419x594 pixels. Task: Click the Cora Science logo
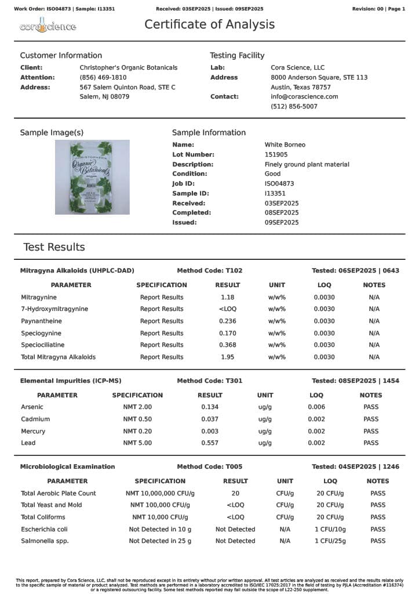pos(48,27)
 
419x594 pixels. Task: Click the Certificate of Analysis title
pos(209,24)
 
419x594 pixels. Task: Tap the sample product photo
pos(92,177)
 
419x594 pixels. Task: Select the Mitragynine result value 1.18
pos(227,297)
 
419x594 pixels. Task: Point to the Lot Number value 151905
pos(276,155)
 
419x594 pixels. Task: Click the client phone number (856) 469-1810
pos(103,77)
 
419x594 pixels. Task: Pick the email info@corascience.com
pos(304,96)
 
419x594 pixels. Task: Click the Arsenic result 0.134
pos(209,407)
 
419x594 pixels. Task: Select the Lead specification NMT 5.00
pos(137,443)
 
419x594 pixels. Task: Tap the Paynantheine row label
pos(42,321)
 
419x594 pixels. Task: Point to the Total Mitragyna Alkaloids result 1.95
pos(227,357)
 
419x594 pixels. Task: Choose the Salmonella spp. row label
pos(45,541)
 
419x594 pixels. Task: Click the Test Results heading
pos(54,247)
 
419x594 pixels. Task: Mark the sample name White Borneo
pos(285,144)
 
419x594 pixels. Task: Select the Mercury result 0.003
pos(209,431)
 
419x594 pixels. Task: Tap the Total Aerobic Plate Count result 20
pos(235,493)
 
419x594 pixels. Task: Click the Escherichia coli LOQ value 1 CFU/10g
pos(330,529)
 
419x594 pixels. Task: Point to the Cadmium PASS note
pos(371,419)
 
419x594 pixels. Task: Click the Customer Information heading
pos(61,56)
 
